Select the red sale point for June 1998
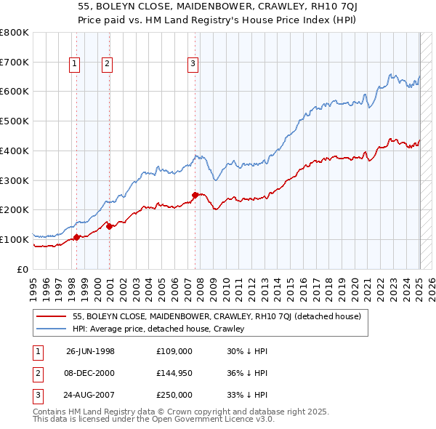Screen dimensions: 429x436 pos(76,236)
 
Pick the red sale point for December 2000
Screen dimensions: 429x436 pos(110,226)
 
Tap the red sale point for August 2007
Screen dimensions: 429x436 pos(195,195)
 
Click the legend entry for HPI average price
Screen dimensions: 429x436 pos(158,329)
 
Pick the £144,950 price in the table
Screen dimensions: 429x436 pos(174,374)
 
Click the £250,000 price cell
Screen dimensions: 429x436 pos(174,395)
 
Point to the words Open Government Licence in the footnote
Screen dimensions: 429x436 pos(207,420)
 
